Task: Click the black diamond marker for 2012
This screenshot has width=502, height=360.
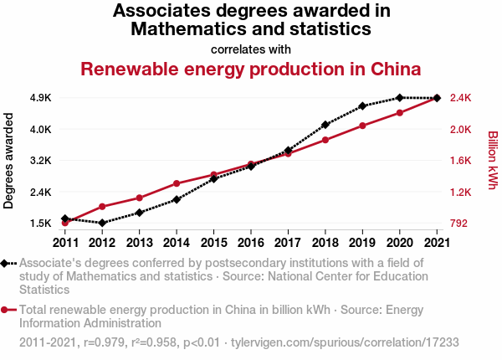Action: [x=102, y=223]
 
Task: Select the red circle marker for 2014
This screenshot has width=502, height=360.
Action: [x=177, y=183]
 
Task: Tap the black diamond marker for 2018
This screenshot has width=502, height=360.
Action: [x=325, y=125]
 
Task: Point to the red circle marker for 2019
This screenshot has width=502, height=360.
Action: [x=362, y=126]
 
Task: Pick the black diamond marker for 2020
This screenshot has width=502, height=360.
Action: [x=400, y=98]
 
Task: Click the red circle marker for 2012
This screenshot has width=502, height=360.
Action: [x=102, y=207]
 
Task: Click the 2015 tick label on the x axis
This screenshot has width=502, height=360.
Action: [x=213, y=243]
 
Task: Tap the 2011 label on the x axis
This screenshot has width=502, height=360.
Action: [x=65, y=243]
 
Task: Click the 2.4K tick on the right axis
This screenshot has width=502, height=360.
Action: [x=462, y=98]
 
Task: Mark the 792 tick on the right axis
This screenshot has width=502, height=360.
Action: [x=459, y=224]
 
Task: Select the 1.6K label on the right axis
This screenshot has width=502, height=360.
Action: [x=462, y=161]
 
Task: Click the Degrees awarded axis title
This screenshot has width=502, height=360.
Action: [x=9, y=161]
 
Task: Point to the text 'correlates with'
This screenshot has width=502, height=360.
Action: [x=251, y=48]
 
